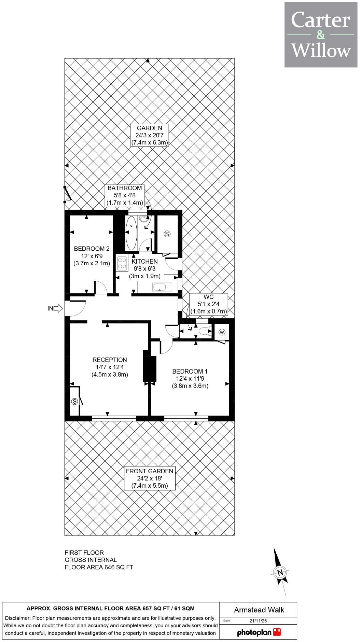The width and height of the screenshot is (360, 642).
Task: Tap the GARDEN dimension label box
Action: [x=150, y=135]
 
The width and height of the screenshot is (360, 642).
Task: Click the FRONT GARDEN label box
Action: [x=150, y=478]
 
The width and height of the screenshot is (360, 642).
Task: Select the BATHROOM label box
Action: [x=125, y=195]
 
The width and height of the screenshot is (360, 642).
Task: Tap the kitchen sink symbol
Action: [x=159, y=287]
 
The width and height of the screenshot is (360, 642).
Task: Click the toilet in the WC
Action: [x=205, y=331]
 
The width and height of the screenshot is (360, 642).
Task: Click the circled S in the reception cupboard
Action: [x=75, y=401]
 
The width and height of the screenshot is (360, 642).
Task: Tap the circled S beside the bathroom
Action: [x=167, y=234]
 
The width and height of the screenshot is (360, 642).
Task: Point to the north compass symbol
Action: [x=280, y=572]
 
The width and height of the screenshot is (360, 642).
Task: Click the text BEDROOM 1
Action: [x=190, y=371]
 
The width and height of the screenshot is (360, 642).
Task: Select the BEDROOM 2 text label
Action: [x=92, y=249]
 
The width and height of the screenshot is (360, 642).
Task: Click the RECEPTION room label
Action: [x=110, y=360]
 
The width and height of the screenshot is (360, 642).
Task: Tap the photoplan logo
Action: [x=259, y=632]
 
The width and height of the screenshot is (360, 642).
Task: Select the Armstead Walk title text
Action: [x=259, y=610]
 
